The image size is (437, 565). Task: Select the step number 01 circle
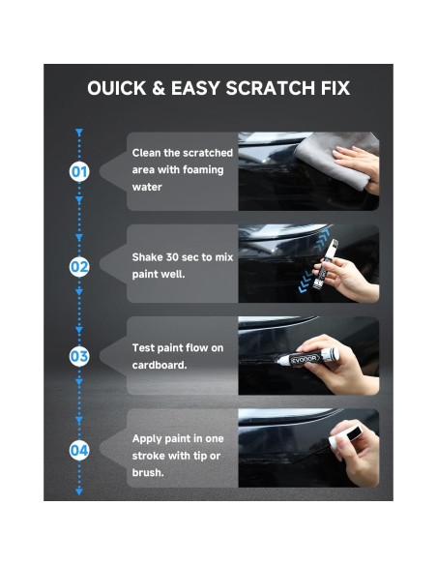click(79, 171)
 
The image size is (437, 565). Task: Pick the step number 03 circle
click(79, 356)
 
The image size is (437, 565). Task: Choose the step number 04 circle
click(79, 449)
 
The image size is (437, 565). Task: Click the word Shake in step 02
click(149, 257)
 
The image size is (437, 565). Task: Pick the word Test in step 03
click(145, 347)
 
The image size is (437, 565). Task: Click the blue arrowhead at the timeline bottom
click(79, 491)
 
